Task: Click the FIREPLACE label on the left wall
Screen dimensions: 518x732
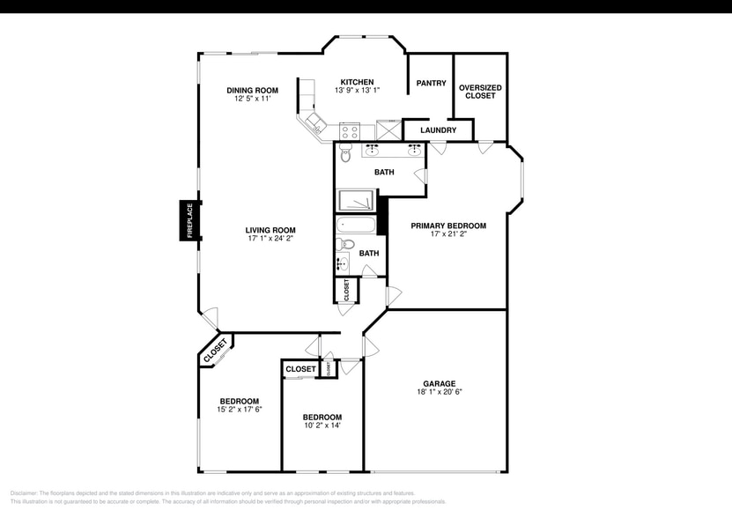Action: [189, 220]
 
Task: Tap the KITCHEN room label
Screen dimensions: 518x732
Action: [357, 82]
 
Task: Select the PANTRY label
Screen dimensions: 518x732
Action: [432, 84]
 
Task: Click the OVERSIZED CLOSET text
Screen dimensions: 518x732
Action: [480, 92]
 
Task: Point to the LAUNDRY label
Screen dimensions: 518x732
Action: [438, 130]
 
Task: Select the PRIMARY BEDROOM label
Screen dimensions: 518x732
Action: [448, 226]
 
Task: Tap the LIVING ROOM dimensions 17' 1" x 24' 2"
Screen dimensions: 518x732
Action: [270, 239]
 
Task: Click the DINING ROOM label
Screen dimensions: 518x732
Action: [252, 90]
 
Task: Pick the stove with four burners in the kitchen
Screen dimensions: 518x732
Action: [350, 133]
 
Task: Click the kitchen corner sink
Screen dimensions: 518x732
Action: [313, 122]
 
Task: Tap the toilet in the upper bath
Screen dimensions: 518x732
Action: [345, 154]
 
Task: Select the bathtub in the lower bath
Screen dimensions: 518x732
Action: [356, 226]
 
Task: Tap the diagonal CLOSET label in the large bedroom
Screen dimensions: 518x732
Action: [215, 350]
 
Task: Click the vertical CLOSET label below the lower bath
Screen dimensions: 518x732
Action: [346, 290]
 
